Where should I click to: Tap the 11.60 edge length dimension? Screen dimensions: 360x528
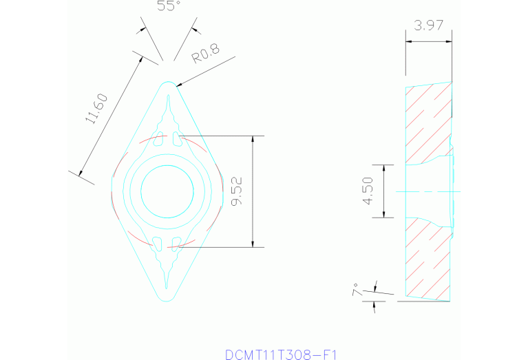coord(96,109)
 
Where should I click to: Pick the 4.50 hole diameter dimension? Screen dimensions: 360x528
coord(368,191)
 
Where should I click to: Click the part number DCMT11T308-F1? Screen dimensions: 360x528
coord(281,354)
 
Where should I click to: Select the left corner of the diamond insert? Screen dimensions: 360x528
coord(112,190)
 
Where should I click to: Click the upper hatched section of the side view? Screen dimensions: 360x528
coord(427,124)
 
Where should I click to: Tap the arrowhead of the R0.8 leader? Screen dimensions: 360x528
coord(179,85)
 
